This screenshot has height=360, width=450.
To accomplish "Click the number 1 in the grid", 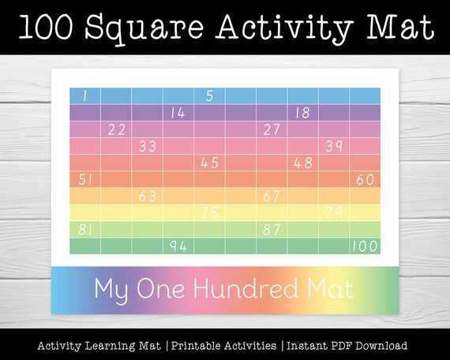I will [x=84, y=96].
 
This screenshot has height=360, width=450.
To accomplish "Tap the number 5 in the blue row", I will [x=209, y=96].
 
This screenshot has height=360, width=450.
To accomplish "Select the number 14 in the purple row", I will [x=178, y=113].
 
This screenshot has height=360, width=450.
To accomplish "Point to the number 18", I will [x=302, y=113].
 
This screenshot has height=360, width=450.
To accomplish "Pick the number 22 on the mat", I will [x=116, y=129].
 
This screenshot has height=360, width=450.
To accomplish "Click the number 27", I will [x=272, y=129].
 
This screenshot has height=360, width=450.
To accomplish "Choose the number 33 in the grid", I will [x=148, y=146].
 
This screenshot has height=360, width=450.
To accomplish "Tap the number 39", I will [x=334, y=146].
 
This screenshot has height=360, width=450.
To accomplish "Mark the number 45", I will [x=209, y=163].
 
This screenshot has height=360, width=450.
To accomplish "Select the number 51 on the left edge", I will [x=85, y=180].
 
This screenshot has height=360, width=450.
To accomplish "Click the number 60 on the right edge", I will [x=365, y=180].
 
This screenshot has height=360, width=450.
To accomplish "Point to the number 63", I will [x=148, y=197].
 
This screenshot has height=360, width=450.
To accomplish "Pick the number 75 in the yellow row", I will [x=209, y=213].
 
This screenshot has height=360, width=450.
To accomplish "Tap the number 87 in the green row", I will [x=272, y=230].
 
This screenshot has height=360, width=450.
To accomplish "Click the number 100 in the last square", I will [x=364, y=246].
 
